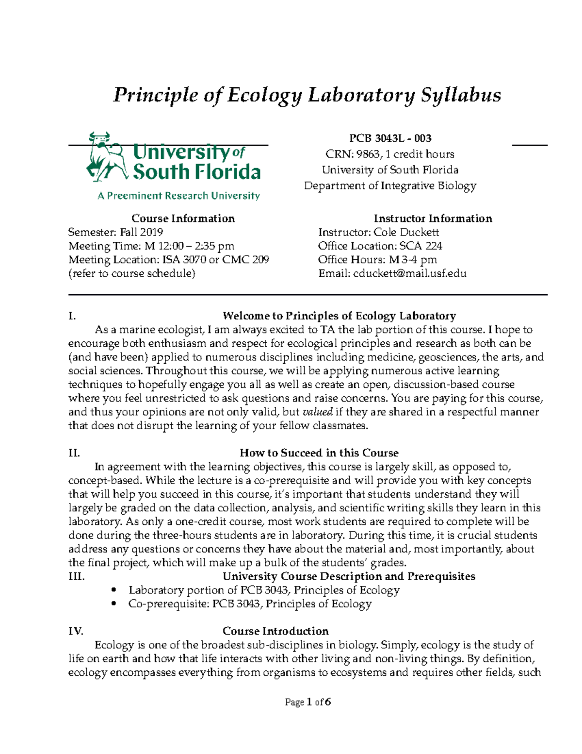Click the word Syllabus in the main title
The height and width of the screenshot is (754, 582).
tap(460, 95)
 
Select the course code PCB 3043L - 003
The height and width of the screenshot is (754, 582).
tap(390, 138)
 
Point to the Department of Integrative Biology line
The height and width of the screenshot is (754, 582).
tap(390, 186)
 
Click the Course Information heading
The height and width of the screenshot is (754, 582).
tap(183, 218)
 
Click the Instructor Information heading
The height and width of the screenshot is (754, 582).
tap(433, 218)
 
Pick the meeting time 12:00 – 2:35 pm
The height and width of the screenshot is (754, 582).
tap(193, 246)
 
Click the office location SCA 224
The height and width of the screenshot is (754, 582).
tap(420, 246)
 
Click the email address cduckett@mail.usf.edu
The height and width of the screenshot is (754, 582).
tap(410, 273)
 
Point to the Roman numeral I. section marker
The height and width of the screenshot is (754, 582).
tap(72, 317)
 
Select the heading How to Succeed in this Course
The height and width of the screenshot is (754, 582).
tap(319, 453)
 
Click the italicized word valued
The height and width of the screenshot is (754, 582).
tap(317, 412)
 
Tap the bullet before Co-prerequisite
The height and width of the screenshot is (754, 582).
tap(114, 604)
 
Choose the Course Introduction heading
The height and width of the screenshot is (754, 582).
tap(275, 631)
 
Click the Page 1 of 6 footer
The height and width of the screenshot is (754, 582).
tap(308, 702)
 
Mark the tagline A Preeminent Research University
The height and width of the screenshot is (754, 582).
tap(178, 196)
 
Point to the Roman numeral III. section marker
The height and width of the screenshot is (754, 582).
tap(76, 577)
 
